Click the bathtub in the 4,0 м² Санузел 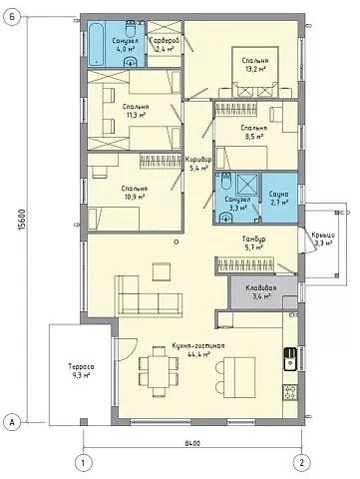click(97, 44)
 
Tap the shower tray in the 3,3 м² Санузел click(247, 184)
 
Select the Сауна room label click(278, 194)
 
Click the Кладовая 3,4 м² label click(261, 291)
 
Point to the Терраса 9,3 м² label click(81, 370)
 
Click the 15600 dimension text click(22, 220)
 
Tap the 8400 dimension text click(192, 443)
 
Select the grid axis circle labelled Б click(12, 18)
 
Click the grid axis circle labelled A click(12, 422)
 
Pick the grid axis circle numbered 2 click(301, 463)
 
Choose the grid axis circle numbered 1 click(83, 463)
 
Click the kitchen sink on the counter click(290, 359)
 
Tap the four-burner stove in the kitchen click(290, 392)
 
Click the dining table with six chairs click(159, 371)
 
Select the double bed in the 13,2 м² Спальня click(255, 72)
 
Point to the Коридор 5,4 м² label click(198, 163)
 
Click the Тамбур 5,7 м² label click(253, 242)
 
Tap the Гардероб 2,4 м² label click(165, 44)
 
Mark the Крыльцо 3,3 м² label click(323, 239)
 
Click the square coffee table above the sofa click(162, 271)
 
